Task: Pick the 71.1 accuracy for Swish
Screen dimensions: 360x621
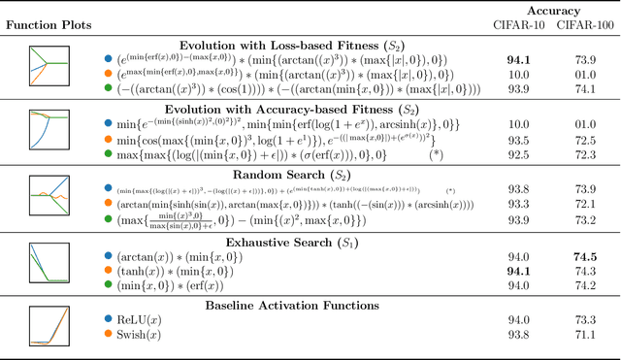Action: (x=581, y=334)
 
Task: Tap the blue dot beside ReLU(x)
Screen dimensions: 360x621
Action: (x=107, y=318)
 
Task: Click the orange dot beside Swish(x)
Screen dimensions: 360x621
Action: (x=107, y=334)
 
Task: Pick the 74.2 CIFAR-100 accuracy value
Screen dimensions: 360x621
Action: (x=581, y=286)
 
